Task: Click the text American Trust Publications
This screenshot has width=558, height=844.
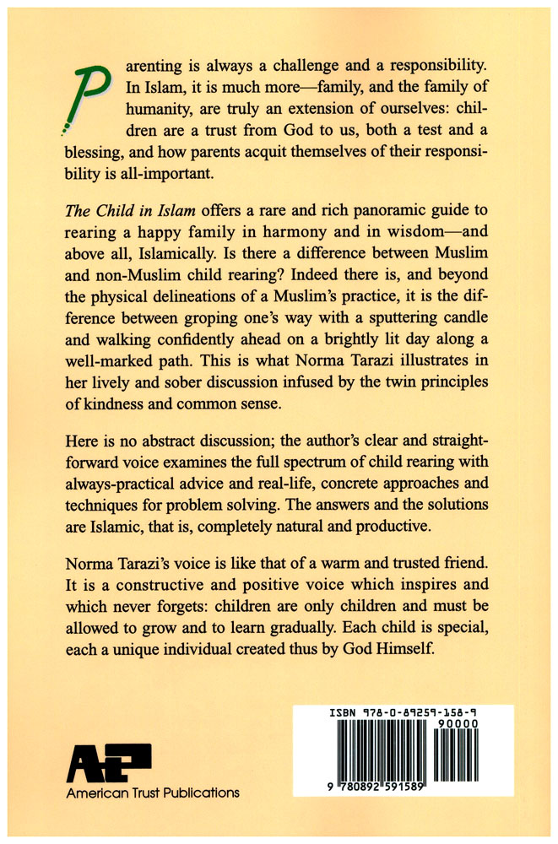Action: coord(153,793)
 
